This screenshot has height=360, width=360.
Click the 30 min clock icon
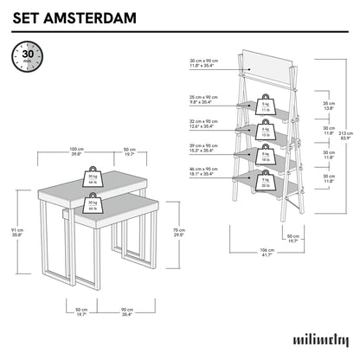24,59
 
